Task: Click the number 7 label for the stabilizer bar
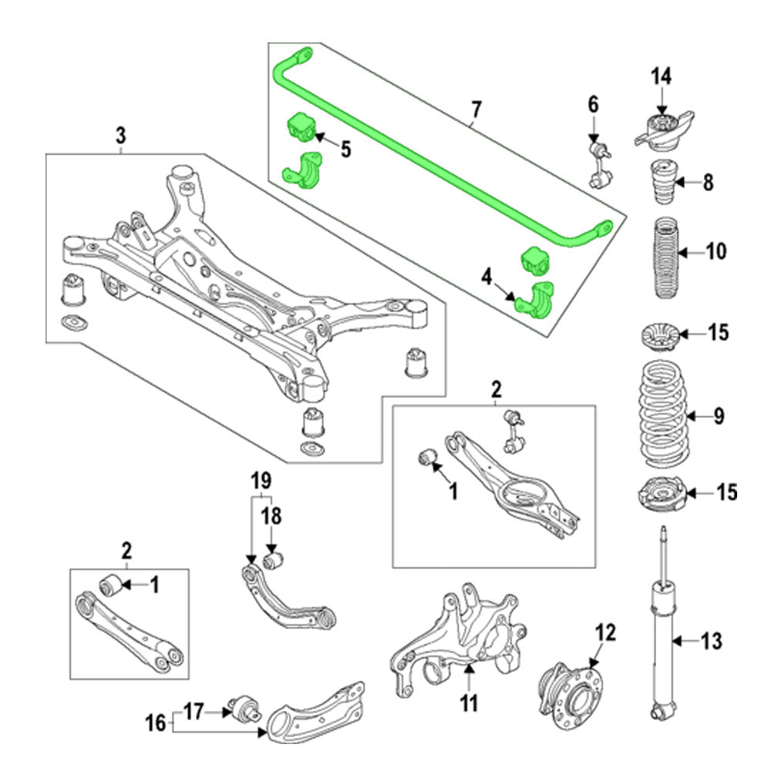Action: coord(476,110)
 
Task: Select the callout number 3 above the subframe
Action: coord(120,136)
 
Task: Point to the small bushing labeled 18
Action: coord(273,558)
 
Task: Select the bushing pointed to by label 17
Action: coord(245,706)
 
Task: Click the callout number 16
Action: coord(156,722)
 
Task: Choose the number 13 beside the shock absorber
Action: coord(710,640)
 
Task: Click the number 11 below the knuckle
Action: coord(469,702)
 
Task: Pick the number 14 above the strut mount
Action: coord(661,76)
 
